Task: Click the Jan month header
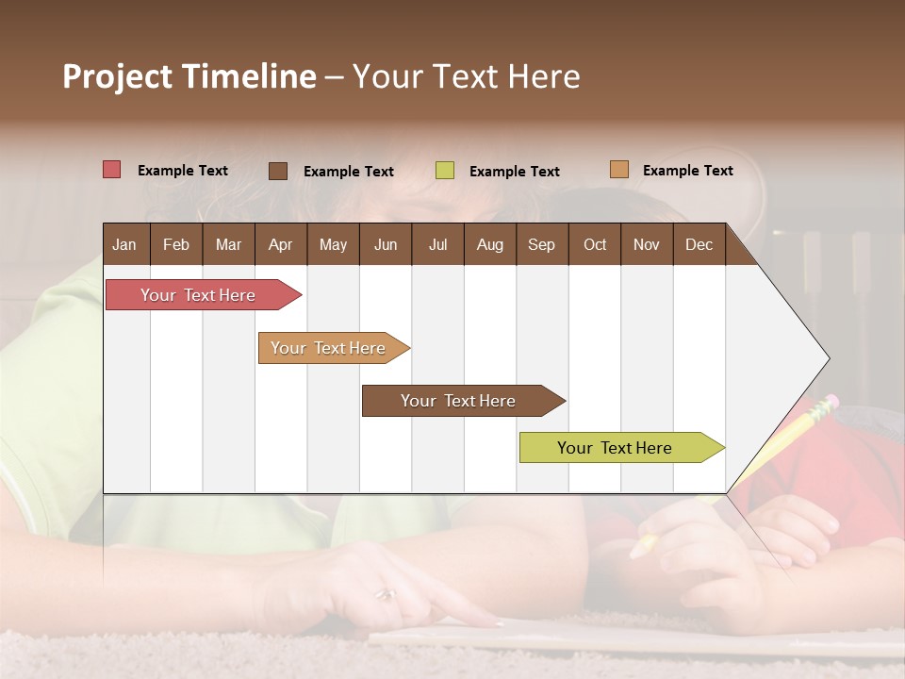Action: (x=124, y=245)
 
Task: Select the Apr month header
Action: (x=280, y=245)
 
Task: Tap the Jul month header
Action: (x=437, y=245)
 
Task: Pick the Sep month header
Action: (x=541, y=245)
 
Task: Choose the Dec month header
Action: (x=699, y=245)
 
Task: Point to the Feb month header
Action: (x=176, y=245)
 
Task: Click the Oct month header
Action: (x=595, y=245)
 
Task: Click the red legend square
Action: (x=112, y=170)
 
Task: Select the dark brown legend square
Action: (x=278, y=171)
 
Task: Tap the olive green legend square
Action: (x=445, y=171)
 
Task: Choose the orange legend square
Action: (x=619, y=170)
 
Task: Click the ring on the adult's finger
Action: (x=385, y=594)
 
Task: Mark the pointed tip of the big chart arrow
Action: (x=829, y=358)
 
